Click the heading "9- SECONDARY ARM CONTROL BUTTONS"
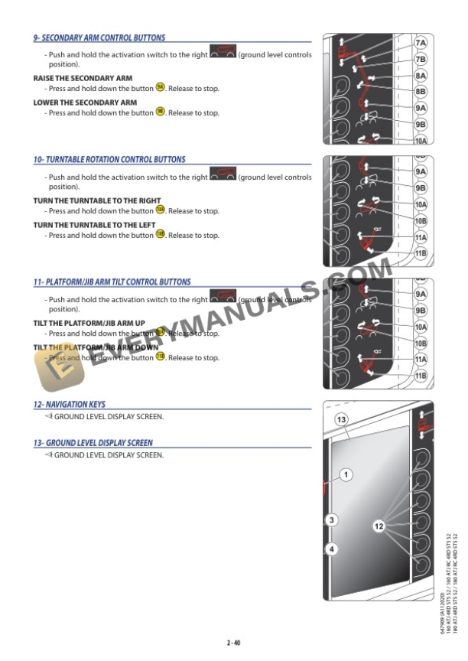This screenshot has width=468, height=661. click(99, 37)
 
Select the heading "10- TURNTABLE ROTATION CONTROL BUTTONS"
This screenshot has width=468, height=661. click(109, 160)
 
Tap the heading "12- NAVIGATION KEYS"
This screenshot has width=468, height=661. click(70, 404)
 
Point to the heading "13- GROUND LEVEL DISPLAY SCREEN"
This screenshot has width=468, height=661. click(93, 442)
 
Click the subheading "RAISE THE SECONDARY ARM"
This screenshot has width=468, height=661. click(83, 78)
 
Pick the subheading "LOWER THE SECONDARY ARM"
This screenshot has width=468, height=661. click(85, 102)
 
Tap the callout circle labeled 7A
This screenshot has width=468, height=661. click(420, 44)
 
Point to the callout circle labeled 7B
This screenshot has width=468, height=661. click(420, 60)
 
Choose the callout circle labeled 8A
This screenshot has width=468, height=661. click(420, 77)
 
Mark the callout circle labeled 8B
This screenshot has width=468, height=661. click(420, 93)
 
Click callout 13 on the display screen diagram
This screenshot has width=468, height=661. click(342, 419)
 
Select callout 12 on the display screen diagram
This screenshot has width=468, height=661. click(379, 526)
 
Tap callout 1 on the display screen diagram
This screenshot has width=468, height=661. click(346, 475)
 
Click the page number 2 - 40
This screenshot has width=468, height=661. click(234, 642)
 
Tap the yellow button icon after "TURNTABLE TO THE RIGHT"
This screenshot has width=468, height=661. click(161, 210)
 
